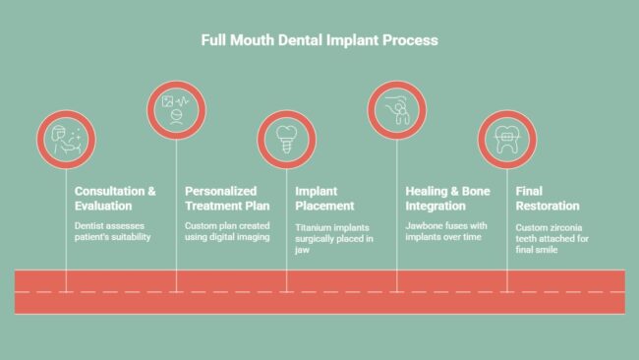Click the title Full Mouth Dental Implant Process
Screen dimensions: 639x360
click(319, 41)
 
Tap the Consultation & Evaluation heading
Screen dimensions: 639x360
click(115, 199)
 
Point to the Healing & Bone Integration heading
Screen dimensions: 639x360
click(447, 199)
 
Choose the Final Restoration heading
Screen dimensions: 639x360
click(548, 199)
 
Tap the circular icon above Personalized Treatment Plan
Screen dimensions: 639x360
click(176, 110)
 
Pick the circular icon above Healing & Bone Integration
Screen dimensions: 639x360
click(396, 110)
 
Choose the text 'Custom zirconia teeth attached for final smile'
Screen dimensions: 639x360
click(552, 237)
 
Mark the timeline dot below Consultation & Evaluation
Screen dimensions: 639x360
click(66, 290)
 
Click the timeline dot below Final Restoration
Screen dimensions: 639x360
click(506, 290)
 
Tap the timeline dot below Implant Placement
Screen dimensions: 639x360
click(286, 290)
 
